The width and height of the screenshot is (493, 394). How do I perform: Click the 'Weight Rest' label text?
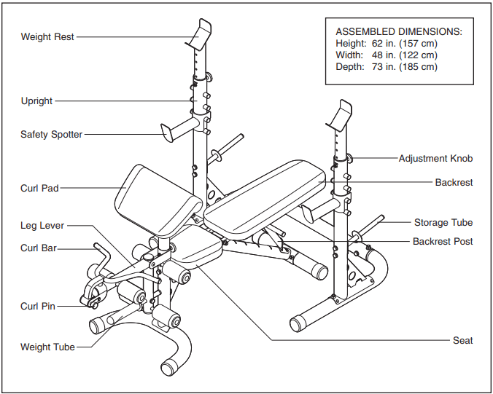pyautogui.click(x=47, y=36)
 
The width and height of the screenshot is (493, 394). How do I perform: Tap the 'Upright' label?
pyautogui.click(x=36, y=101)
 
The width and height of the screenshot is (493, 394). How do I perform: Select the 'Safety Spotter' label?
pyautogui.click(x=51, y=134)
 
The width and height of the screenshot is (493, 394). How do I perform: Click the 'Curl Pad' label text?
pyautogui.click(x=39, y=188)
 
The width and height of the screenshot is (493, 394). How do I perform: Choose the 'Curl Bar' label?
pyautogui.click(x=39, y=248)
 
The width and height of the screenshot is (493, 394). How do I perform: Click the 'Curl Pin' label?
pyautogui.click(x=38, y=307)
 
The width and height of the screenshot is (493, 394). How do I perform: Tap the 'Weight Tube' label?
pyautogui.click(x=47, y=347)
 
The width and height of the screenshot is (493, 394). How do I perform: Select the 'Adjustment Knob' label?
pyautogui.click(x=435, y=158)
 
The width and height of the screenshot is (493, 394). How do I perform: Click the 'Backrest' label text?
pyautogui.click(x=454, y=182)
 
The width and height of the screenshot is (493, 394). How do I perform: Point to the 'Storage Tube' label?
pyautogui.click(x=443, y=222)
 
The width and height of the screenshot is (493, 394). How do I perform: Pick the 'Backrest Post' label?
pyautogui.click(x=443, y=241)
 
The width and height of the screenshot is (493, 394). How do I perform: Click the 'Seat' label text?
pyautogui.click(x=462, y=340)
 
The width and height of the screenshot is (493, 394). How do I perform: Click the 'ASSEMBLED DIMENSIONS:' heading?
pyautogui.click(x=398, y=32)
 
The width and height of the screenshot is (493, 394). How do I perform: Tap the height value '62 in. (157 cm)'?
pyautogui.click(x=404, y=44)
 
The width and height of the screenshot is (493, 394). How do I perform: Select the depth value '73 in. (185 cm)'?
pyautogui.click(x=404, y=67)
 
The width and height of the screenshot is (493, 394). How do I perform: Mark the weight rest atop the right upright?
pyautogui.click(x=341, y=114)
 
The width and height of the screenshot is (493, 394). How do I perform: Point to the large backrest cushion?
pyautogui.click(x=266, y=189)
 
